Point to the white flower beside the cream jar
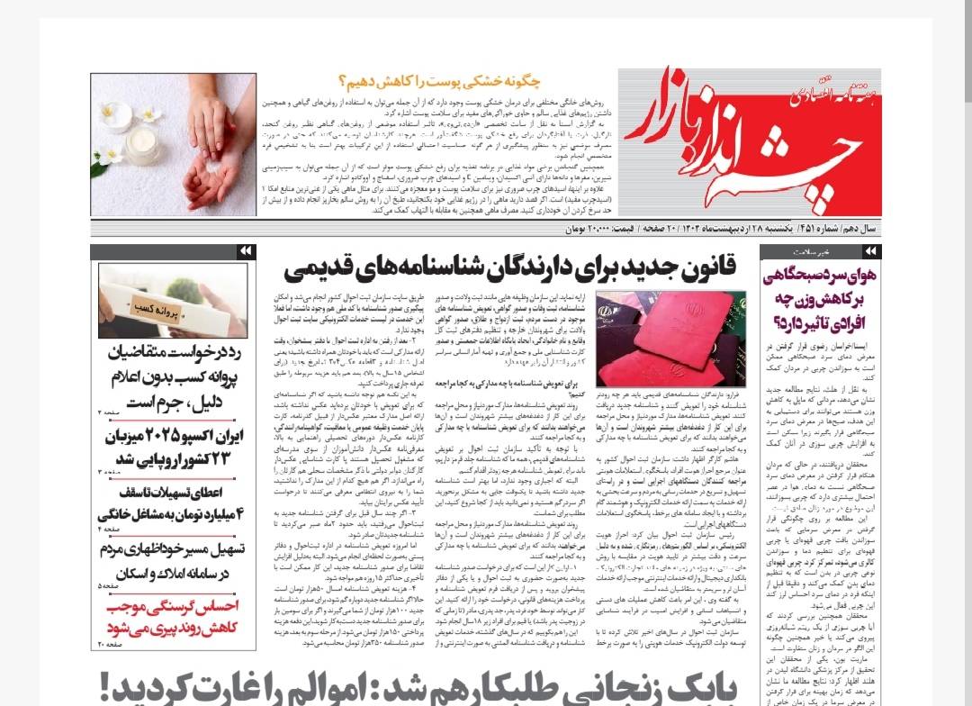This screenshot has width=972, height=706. click(115, 114)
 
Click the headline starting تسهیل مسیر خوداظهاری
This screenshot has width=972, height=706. click(171, 548)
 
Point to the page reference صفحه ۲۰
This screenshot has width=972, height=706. click(109, 645)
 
